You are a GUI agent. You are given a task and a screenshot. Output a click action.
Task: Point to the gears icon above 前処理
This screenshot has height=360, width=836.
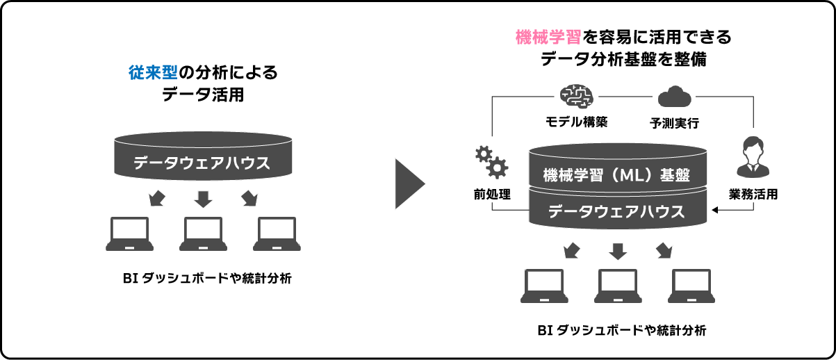491,161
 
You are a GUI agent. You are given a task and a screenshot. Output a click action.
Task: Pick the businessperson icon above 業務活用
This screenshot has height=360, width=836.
753,158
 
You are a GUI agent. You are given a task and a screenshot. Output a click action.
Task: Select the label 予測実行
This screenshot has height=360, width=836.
673,124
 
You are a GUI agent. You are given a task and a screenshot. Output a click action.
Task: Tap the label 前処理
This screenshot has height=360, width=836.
492,194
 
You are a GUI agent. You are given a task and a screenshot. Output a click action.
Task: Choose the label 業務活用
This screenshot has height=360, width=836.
753,194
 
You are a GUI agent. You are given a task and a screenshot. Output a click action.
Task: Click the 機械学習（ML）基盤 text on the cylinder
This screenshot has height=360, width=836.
616,174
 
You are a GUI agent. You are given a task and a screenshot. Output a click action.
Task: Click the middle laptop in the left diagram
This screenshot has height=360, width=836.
203,234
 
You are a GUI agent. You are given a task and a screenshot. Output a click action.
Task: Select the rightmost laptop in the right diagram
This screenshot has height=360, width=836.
692,286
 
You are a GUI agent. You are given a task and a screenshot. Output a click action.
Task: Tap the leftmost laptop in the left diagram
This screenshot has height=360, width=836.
130,234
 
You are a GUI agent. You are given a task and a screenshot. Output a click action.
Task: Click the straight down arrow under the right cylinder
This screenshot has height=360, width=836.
618,251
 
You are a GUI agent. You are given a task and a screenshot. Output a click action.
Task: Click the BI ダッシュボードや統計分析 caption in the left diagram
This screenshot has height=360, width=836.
206,279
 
